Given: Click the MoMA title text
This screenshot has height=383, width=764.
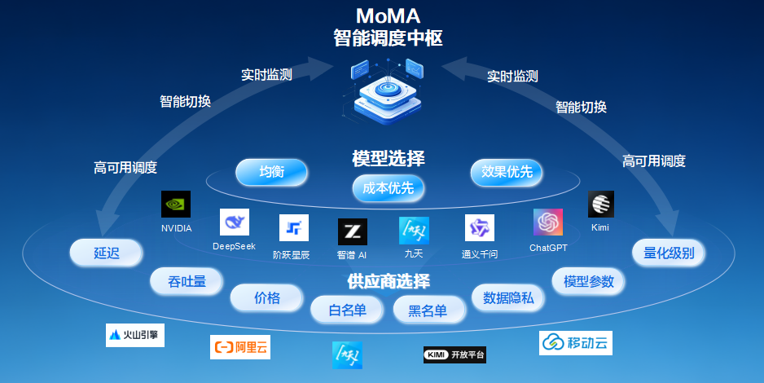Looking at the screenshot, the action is [388, 16].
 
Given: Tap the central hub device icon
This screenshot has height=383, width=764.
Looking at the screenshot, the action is [388, 91].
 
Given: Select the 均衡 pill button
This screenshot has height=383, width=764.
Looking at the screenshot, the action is [271, 172].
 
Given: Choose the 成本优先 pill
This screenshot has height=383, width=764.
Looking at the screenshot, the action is [388, 188].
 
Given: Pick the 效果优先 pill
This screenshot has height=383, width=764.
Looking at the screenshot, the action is [507, 172].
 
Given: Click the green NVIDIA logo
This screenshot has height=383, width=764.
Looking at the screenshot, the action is [176, 205].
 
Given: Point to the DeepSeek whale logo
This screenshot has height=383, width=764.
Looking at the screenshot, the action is [235, 222].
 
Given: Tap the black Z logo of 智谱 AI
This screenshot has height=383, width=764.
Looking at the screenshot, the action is [353, 231].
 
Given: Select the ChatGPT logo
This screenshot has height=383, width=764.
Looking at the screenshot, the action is [548, 222].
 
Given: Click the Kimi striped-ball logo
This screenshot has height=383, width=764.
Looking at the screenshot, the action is [601, 205].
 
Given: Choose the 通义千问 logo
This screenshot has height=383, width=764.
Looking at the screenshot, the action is [480, 227].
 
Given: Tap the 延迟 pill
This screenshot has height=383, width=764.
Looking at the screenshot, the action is [106, 253].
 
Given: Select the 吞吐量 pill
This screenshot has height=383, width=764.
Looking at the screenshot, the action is [187, 281].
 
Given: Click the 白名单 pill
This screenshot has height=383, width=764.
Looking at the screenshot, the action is [347, 310].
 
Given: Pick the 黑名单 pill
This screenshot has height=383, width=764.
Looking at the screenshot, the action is [428, 310].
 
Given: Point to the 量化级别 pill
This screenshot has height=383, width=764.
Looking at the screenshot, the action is [669, 253].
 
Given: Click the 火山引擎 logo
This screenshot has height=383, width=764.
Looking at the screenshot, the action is [135, 335].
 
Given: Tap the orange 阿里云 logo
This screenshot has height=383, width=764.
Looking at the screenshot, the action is [240, 347].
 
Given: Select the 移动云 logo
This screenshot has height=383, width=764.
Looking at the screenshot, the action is [575, 343].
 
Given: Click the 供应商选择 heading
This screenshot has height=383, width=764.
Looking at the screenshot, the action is [389, 281].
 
